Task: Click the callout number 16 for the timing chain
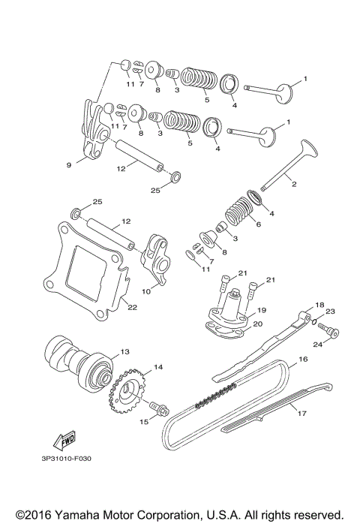pos(303,360)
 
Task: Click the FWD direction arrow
pos(63,438)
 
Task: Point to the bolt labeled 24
pos(331,333)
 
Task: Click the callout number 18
pos(298,305)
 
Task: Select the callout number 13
pos(124,351)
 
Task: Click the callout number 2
pos(293,185)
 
